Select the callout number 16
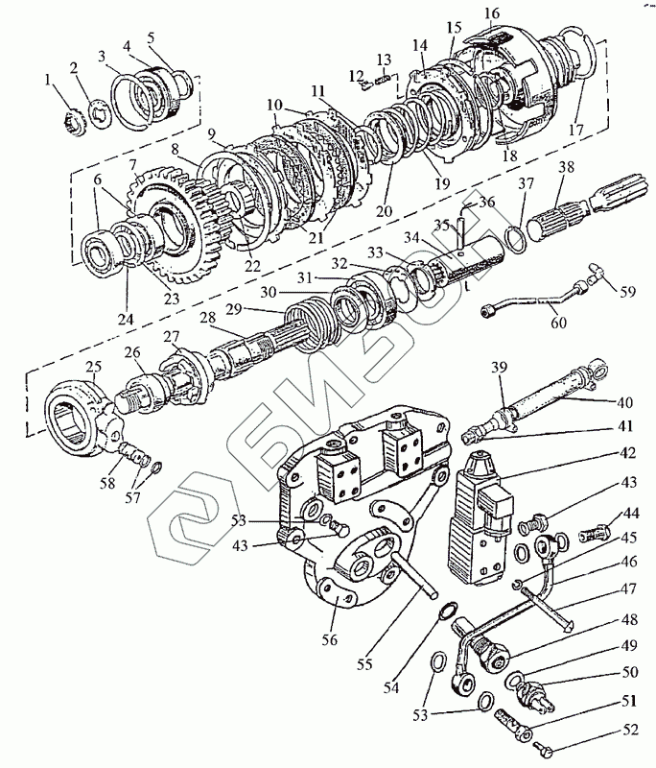(x=492, y=13)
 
